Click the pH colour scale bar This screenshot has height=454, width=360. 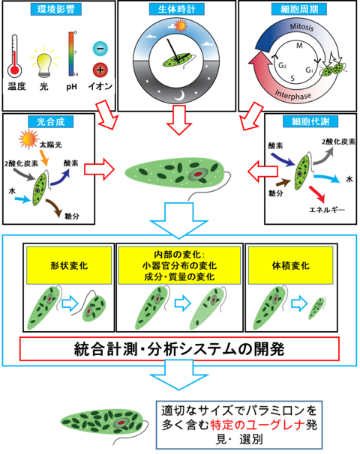[x=72, y=53]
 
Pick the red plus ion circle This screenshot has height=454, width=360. [x=100, y=70]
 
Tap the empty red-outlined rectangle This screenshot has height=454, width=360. [x=179, y=348]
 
